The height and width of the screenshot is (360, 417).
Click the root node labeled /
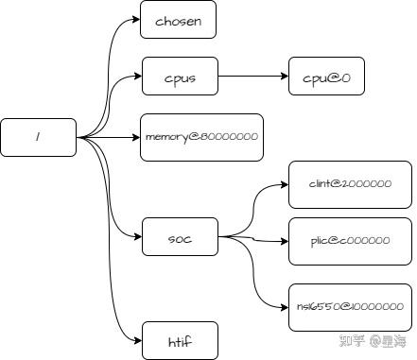[38, 138]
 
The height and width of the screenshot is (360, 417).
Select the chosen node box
[179, 20]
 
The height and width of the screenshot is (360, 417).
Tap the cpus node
[180, 77]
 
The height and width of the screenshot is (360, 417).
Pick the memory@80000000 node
[200, 138]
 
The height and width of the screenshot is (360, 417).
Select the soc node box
[180, 237]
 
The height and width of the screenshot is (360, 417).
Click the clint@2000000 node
[350, 183]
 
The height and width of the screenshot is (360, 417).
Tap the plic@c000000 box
[350, 240]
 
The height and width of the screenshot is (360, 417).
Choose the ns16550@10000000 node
[350, 306]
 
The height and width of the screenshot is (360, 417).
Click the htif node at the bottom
[180, 340]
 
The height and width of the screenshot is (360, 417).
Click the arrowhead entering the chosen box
[136, 20]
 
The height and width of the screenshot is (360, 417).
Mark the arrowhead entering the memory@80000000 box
[136, 138]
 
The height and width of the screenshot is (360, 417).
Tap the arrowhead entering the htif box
[136, 340]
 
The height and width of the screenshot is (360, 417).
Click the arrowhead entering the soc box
[136, 237]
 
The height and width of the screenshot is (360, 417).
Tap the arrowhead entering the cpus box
[136, 77]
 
